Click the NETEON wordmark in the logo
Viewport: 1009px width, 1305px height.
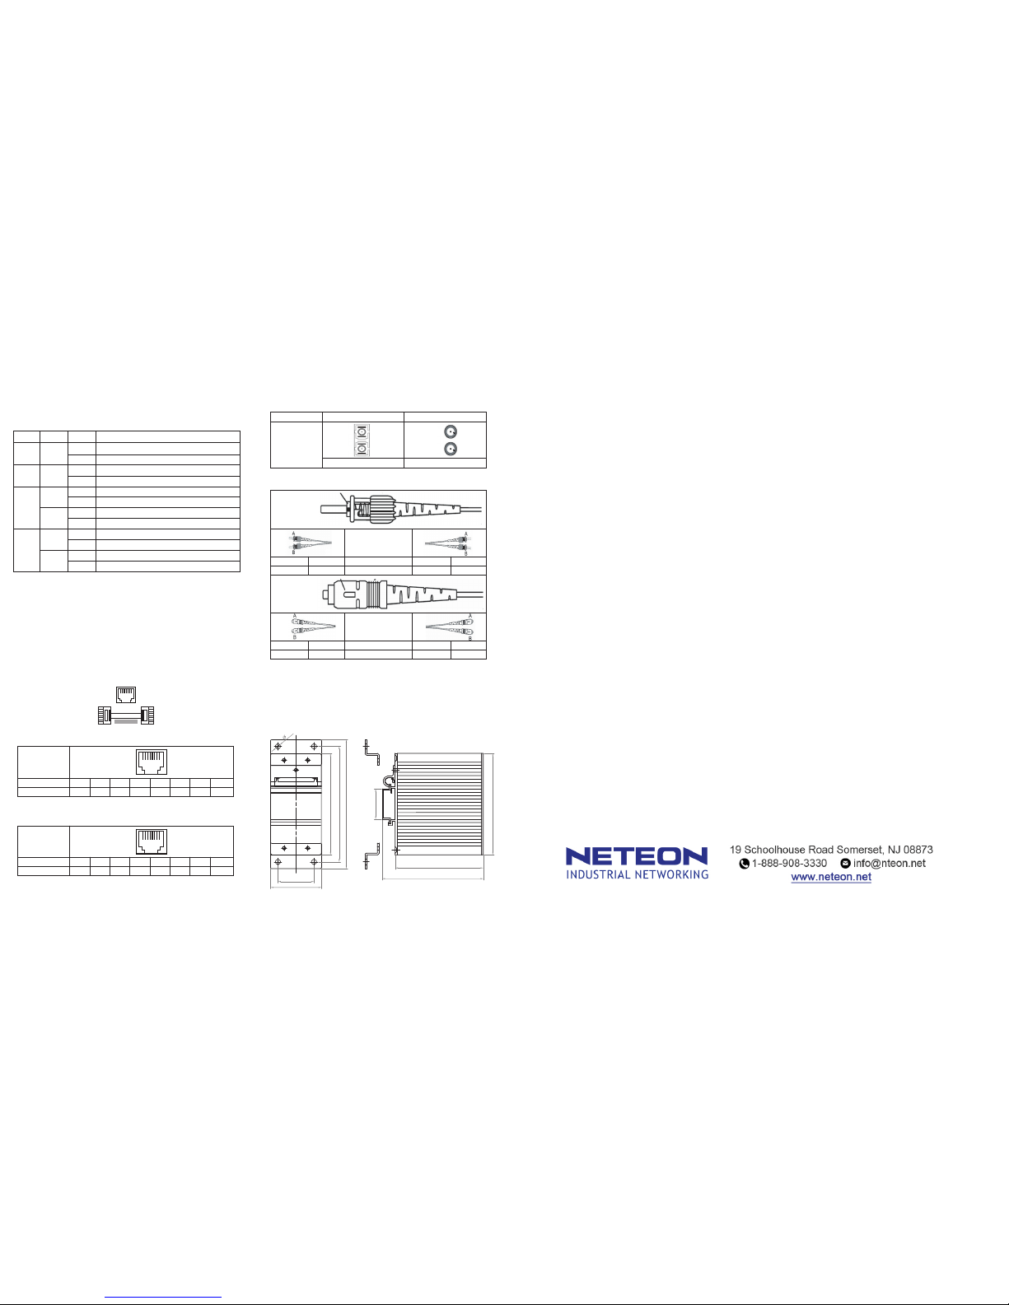pyautogui.click(x=636, y=856)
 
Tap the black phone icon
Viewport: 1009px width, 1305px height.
pyautogui.click(x=745, y=864)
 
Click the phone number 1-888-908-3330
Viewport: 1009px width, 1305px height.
pyautogui.click(x=789, y=864)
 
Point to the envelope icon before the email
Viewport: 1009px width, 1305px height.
pyautogui.click(x=845, y=864)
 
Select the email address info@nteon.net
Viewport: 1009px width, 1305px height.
pyautogui.click(x=890, y=864)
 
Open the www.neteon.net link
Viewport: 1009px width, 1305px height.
pyautogui.click(x=831, y=877)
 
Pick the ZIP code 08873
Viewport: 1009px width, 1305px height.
pyautogui.click(x=916, y=850)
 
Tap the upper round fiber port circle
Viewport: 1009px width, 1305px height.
pyautogui.click(x=450, y=431)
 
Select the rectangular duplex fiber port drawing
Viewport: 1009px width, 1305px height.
pyautogui.click(x=362, y=440)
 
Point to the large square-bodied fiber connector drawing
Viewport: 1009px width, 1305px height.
pyautogui.click(x=387, y=593)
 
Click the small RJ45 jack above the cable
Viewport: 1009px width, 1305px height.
pyautogui.click(x=125, y=694)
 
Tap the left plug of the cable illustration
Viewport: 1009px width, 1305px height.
pyautogui.click(x=105, y=715)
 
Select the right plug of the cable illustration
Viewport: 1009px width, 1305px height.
pyautogui.click(x=147, y=715)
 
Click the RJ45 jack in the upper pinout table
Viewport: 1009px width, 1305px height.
pyautogui.click(x=152, y=762)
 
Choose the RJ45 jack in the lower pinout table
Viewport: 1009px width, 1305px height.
pyautogui.click(x=152, y=841)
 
